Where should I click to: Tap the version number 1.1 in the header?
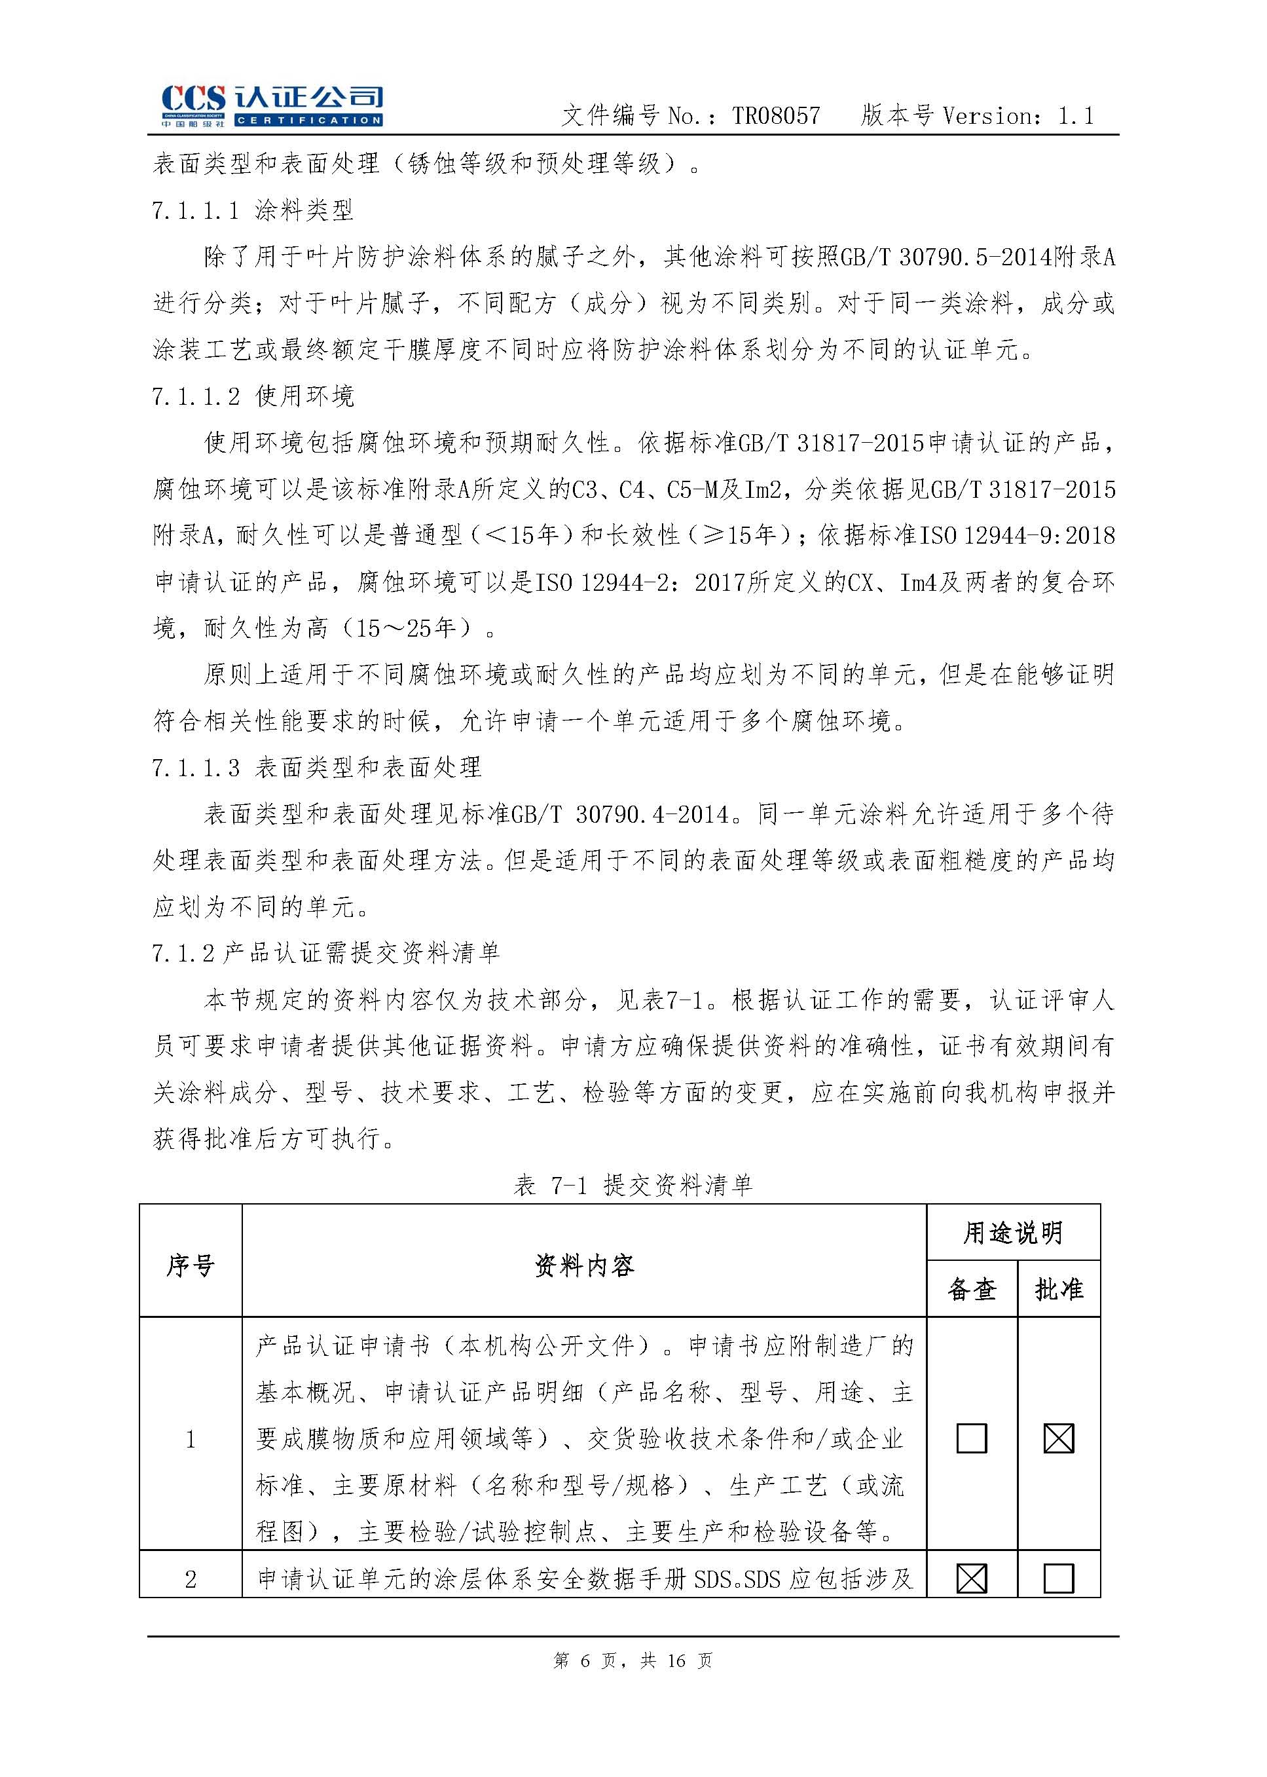(1076, 117)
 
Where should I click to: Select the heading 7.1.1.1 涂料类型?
(253, 210)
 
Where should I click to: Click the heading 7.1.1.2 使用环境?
(253, 396)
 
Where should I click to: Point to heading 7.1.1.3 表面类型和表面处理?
(316, 767)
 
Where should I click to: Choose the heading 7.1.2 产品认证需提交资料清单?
(326, 952)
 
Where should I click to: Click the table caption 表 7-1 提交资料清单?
(633, 1186)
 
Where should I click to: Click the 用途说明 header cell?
(1013, 1233)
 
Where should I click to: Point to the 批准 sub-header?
(1059, 1289)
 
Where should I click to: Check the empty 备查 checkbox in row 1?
(971, 1438)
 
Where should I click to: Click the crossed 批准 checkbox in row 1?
(1059, 1438)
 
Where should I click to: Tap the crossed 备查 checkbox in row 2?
(971, 1579)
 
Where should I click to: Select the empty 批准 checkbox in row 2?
(1059, 1579)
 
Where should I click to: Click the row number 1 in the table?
(191, 1439)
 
